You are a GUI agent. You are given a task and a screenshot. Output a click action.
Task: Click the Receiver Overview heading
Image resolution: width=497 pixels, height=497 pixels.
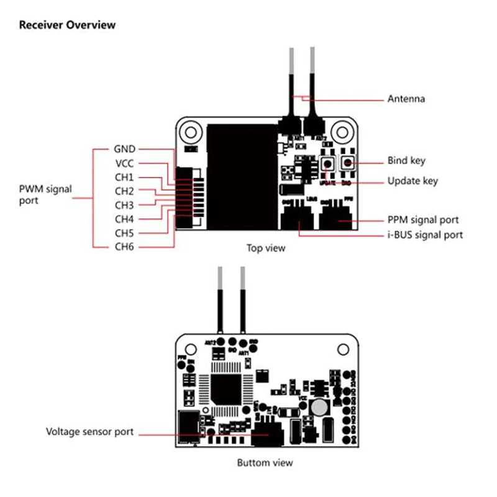point(67,25)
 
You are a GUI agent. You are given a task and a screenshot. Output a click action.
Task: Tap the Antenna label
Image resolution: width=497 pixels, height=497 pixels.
point(406,99)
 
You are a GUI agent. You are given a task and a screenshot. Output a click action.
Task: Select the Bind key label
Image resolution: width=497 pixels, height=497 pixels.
point(406,161)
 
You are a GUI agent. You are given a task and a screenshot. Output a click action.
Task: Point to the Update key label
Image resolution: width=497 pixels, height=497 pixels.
point(413,181)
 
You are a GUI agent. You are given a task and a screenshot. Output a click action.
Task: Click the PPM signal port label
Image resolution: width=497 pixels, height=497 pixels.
point(423,220)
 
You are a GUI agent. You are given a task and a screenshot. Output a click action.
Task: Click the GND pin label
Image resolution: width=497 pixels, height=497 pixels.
point(124,149)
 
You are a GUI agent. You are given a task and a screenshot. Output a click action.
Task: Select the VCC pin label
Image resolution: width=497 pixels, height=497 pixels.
point(124,163)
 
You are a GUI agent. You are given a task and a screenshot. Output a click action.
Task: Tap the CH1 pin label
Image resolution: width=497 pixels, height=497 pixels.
point(124,177)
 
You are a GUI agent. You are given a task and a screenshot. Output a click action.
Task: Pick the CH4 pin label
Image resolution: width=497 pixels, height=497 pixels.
point(124,219)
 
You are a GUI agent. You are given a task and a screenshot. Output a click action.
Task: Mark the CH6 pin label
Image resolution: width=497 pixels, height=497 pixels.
point(124,247)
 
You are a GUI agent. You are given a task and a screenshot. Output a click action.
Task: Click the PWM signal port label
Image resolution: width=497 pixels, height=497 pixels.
point(45,194)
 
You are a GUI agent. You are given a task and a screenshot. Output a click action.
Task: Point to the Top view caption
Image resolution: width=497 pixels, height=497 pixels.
point(265,248)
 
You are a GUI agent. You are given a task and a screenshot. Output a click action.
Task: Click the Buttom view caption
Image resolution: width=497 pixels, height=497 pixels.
point(265,463)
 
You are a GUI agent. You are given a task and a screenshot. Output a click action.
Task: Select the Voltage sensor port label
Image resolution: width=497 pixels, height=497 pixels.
point(90,432)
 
